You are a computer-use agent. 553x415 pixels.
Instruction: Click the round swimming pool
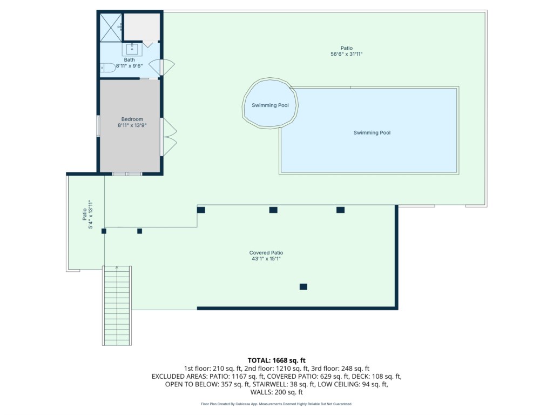[270, 103]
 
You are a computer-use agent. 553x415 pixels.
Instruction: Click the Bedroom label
[132, 119]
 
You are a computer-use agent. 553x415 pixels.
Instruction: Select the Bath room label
[130, 59]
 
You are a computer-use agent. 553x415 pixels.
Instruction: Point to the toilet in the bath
[107, 68]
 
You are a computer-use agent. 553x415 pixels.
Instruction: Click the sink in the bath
[132, 49]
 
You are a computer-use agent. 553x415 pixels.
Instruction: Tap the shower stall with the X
[111, 28]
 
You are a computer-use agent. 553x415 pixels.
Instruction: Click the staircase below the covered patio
[117, 306]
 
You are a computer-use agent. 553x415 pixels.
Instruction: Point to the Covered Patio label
[266, 253]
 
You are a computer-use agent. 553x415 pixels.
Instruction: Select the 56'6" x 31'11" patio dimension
[346, 54]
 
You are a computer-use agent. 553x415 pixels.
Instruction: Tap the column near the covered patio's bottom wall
[304, 286]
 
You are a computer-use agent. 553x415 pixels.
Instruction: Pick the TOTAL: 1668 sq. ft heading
[276, 360]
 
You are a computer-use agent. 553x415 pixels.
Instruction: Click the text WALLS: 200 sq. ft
[276, 392]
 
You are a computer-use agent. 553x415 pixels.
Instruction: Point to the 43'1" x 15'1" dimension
[266, 259]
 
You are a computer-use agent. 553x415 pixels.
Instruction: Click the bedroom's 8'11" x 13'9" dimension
[132, 125]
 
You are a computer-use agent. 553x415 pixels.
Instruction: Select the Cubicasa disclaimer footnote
[276, 404]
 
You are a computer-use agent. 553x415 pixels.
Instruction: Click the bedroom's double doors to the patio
[168, 137]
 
